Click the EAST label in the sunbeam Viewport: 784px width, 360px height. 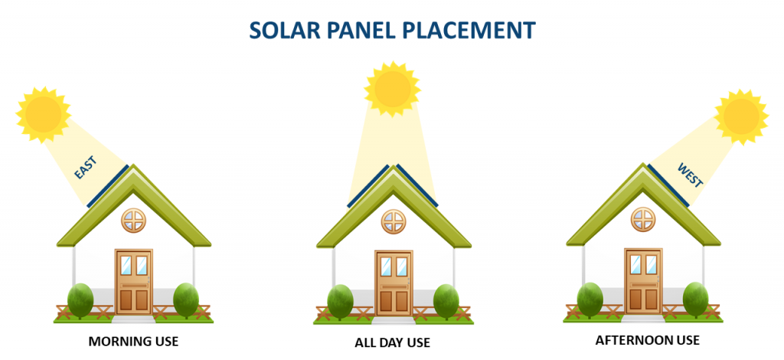point(85,168)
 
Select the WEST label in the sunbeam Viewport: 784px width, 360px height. point(690,175)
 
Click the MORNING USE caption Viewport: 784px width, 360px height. point(133,342)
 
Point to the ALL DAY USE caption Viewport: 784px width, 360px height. point(393,343)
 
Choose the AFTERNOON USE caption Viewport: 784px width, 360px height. point(648,341)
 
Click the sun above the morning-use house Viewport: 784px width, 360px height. point(44,114)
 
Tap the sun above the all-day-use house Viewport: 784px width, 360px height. point(393,89)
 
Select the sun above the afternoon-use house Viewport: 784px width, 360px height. point(741,117)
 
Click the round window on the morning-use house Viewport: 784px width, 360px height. point(134,221)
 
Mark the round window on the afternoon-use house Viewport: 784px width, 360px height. point(643,220)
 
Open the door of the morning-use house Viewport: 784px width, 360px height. point(134,282)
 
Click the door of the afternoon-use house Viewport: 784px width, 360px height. point(643,282)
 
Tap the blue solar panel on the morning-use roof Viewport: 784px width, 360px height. point(107,186)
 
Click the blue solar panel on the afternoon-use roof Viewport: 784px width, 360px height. point(669,185)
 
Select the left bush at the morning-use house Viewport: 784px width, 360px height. point(80,300)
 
